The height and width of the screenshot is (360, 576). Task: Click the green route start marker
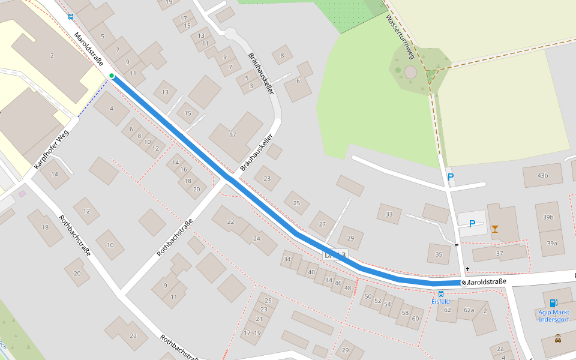(112, 75)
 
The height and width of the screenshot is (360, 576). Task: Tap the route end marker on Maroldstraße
(463, 283)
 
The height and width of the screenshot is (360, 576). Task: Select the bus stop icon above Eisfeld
(441, 294)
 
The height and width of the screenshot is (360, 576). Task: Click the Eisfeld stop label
(440, 301)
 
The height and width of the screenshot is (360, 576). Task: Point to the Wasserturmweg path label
(400, 37)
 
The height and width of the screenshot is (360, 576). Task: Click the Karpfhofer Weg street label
(52, 149)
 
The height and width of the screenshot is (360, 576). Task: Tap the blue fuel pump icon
(553, 303)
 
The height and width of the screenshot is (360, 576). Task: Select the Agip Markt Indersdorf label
(553, 316)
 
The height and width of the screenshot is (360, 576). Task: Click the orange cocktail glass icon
(494, 228)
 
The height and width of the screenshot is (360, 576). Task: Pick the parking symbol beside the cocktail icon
(472, 224)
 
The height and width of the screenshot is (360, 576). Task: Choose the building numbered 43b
(542, 175)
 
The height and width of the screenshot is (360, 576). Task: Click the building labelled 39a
(551, 243)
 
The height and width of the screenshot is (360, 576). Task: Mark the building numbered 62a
(469, 310)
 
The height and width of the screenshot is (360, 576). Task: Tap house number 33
(389, 214)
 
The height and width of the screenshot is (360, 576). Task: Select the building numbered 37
(499, 253)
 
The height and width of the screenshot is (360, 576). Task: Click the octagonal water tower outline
(410, 72)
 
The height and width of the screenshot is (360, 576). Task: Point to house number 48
(347, 288)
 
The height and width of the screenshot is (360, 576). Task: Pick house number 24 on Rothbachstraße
(257, 238)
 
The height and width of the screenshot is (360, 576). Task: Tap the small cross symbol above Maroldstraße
(467, 269)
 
